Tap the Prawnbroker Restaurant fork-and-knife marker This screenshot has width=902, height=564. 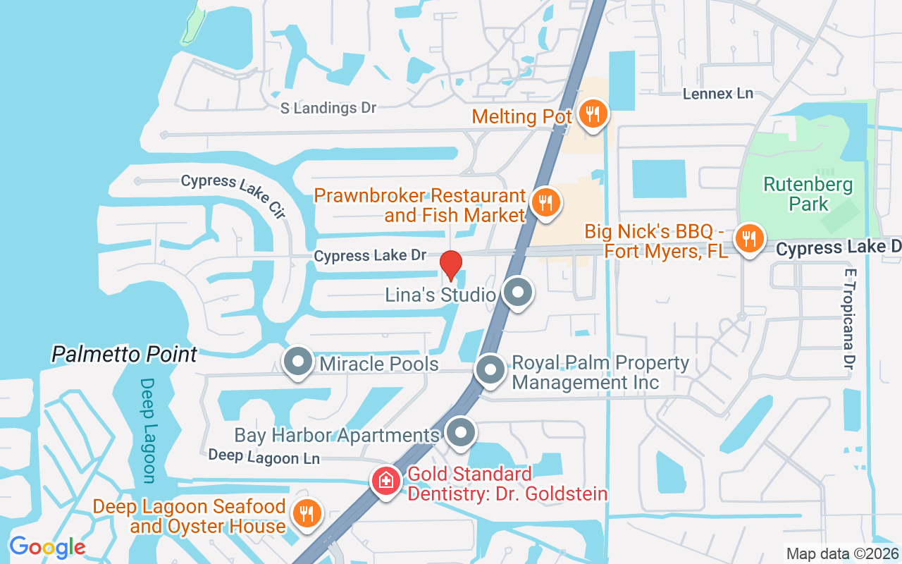[545, 203]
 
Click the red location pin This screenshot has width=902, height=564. [451, 265]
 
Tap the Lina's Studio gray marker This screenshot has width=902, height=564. [518, 292]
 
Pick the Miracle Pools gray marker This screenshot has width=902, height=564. [298, 362]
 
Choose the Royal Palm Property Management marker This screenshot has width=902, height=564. [490, 369]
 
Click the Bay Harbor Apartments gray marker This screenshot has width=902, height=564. [461, 433]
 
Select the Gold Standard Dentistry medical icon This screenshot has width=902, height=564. [386, 482]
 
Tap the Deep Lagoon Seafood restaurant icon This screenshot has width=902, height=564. [307, 514]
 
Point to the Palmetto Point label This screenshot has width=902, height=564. [124, 354]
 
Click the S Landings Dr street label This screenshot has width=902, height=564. [328, 108]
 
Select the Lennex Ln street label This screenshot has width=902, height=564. [718, 93]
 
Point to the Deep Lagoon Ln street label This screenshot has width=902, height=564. [264, 457]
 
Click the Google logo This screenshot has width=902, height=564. [47, 546]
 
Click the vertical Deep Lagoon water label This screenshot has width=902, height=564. [147, 431]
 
